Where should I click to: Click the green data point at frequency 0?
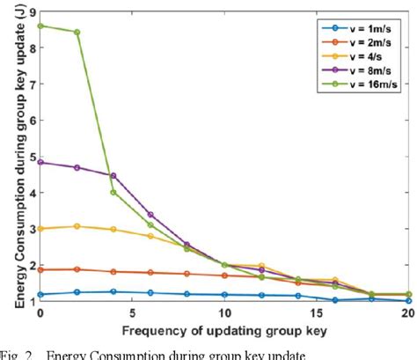(x=40, y=26)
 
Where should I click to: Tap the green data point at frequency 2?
(x=77, y=33)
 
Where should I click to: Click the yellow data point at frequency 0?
(x=40, y=228)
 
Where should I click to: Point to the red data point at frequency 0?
(x=40, y=270)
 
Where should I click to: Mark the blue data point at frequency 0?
(x=40, y=295)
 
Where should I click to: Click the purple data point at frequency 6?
(x=150, y=214)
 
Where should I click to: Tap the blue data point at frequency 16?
(x=335, y=300)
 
